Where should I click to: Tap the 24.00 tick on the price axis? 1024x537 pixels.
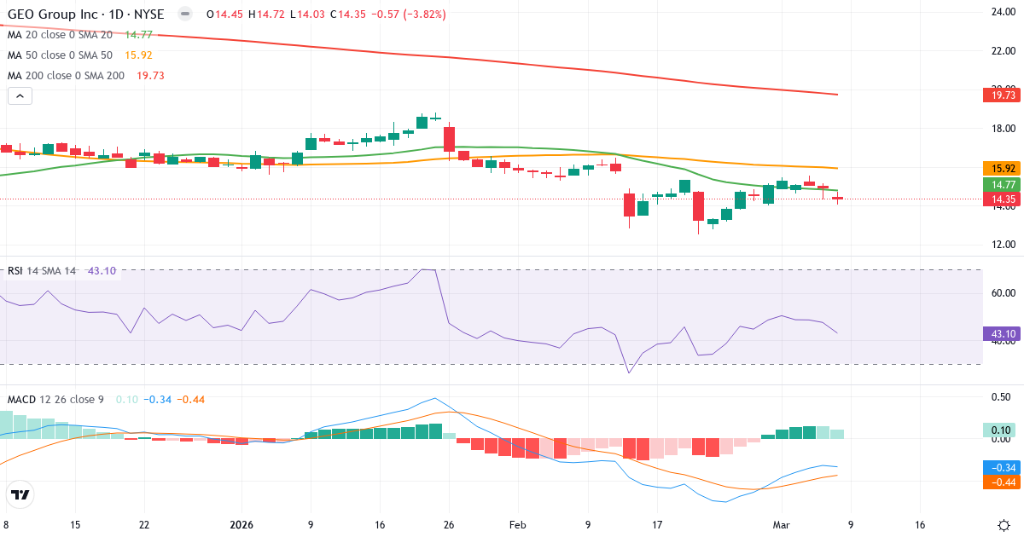click(1001, 12)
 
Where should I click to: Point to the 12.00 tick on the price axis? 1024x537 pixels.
click(1001, 245)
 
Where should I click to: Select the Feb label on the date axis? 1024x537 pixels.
click(518, 525)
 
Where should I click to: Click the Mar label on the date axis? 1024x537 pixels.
click(783, 525)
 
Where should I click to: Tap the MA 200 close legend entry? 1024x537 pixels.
click(66, 76)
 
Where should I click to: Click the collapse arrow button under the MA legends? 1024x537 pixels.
click(20, 96)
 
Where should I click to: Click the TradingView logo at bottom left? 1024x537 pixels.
click(20, 495)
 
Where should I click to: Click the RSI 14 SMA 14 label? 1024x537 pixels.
click(42, 271)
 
